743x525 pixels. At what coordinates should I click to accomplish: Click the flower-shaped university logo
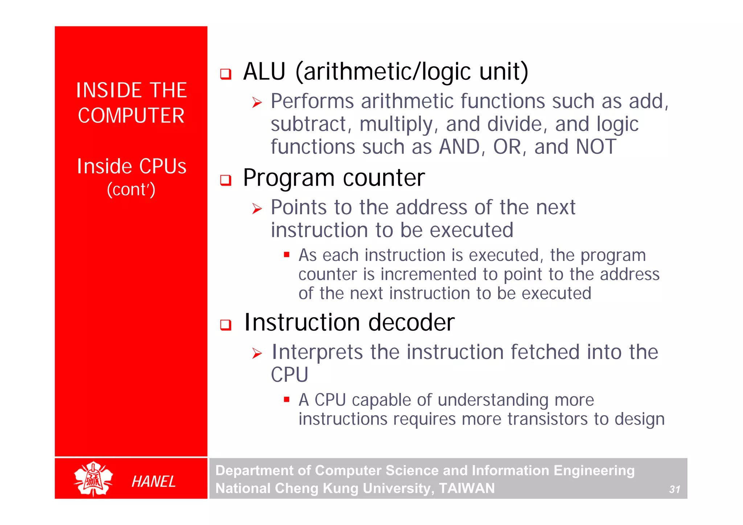(93, 479)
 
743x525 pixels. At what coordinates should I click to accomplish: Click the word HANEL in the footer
(153, 481)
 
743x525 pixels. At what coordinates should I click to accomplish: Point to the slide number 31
(674, 489)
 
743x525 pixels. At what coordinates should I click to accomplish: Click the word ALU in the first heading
(264, 71)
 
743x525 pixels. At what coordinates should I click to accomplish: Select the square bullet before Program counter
(226, 180)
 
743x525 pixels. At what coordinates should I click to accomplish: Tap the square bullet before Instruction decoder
(226, 324)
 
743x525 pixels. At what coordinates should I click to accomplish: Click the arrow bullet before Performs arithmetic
(257, 103)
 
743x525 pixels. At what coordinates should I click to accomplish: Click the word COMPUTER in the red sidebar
(131, 116)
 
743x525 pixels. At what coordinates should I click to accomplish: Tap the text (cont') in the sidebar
(131, 189)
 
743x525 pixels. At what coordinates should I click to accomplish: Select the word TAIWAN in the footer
(467, 488)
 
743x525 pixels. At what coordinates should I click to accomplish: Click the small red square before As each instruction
(287, 255)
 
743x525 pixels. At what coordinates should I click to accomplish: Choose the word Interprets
(317, 352)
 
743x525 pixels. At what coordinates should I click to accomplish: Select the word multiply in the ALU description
(396, 124)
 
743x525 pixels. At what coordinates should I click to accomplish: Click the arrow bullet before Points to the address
(257, 209)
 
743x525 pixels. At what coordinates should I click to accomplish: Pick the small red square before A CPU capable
(287, 400)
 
